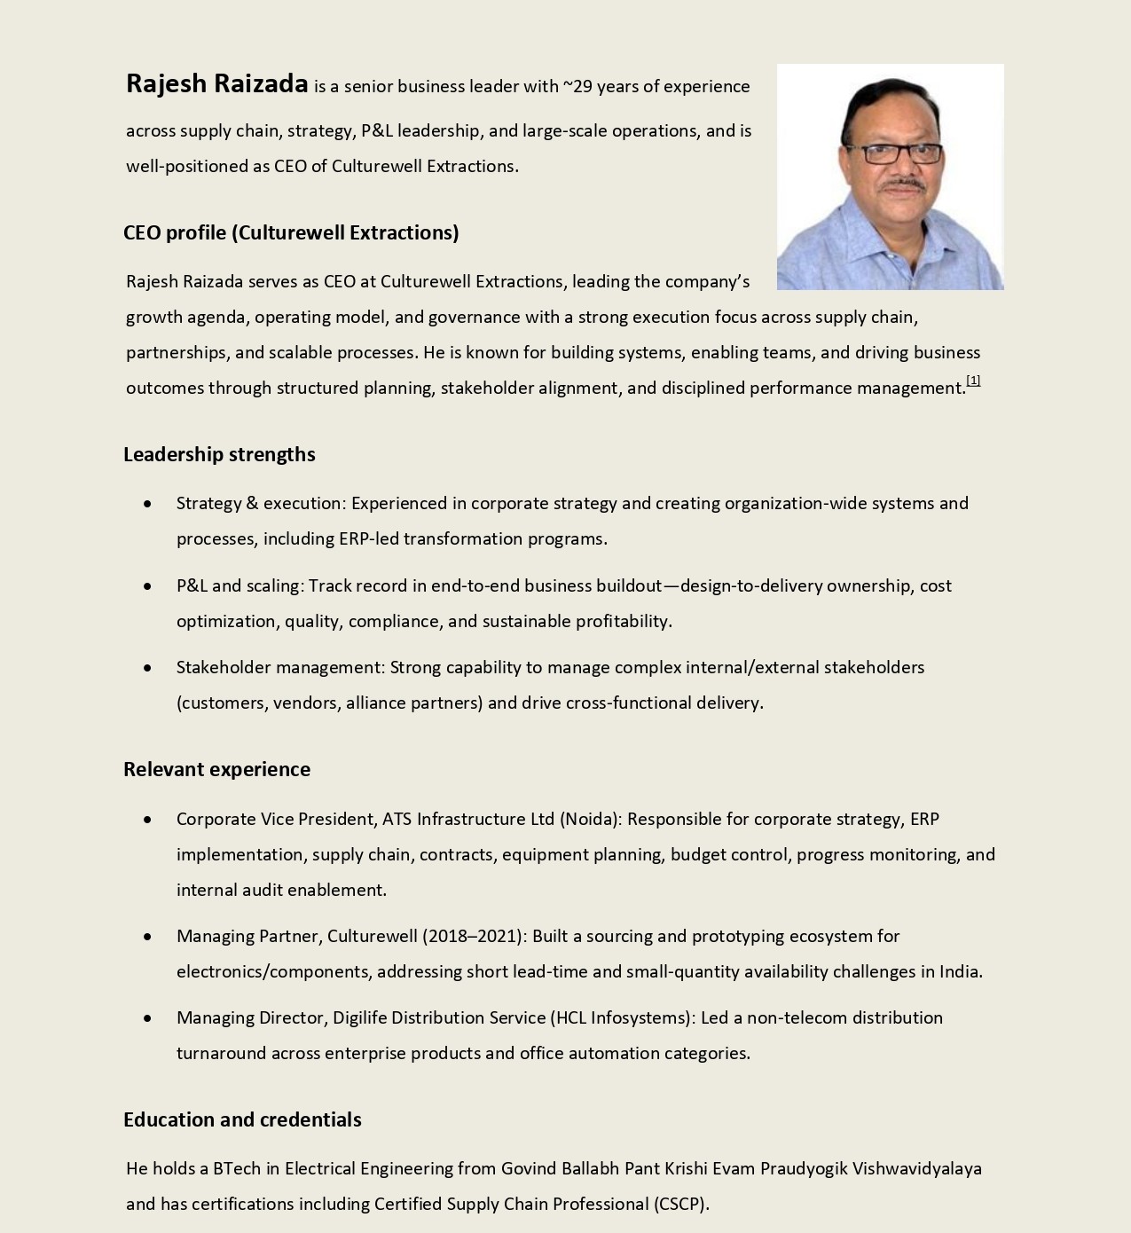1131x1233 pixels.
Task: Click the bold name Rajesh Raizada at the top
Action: tap(216, 83)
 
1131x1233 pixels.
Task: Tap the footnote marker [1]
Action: tap(973, 381)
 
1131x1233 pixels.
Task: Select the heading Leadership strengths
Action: tap(219, 454)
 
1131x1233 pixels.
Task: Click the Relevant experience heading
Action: tap(216, 769)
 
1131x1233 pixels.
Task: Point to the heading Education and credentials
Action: tap(242, 1119)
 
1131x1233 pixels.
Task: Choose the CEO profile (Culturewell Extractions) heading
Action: tap(291, 232)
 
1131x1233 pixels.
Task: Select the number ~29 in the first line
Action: tap(577, 86)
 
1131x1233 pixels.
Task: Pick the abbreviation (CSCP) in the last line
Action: tap(680, 1204)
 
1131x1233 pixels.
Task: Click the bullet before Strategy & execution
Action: tap(147, 504)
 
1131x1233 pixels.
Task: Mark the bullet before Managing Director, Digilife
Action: tap(147, 1018)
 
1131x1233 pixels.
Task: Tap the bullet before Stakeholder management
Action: tap(147, 668)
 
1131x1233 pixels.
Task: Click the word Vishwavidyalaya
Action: tap(916, 1168)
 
